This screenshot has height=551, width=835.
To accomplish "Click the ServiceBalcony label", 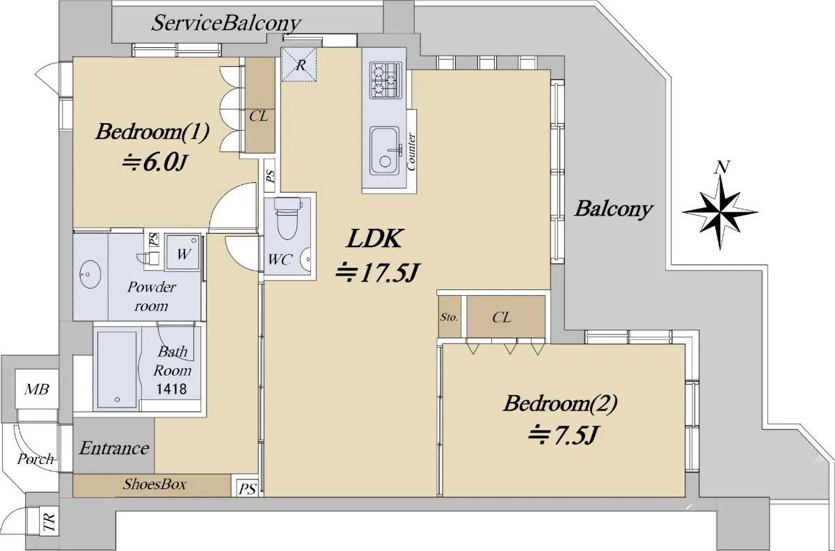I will click(x=226, y=23).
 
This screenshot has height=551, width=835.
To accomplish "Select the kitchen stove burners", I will click(x=385, y=79).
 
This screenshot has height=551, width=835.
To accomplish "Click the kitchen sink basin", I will click(x=384, y=150).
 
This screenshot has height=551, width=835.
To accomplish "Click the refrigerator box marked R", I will click(x=300, y=65).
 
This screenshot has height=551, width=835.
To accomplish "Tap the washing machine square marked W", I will click(x=184, y=254).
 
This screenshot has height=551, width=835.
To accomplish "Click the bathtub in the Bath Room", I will click(x=116, y=369).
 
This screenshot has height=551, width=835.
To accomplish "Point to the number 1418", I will click(x=171, y=388).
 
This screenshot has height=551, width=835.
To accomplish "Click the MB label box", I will click(x=36, y=390).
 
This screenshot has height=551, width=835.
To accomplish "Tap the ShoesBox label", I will click(x=154, y=484).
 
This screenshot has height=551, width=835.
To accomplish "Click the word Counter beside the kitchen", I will click(x=412, y=152).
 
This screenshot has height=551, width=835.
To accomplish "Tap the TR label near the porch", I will click(x=49, y=523).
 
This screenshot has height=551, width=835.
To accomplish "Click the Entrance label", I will click(x=114, y=448).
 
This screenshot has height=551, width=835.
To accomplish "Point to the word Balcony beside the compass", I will click(x=613, y=209).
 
